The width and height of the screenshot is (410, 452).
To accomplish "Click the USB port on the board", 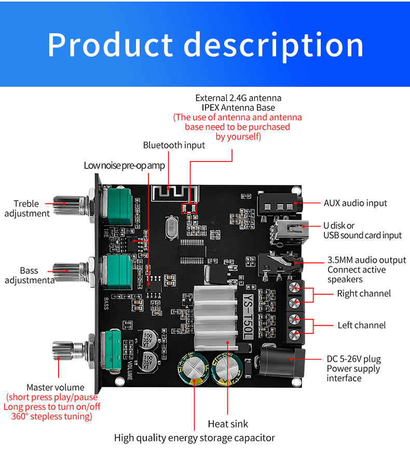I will click(290, 229).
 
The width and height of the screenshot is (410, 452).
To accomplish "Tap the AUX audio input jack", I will click(278, 202).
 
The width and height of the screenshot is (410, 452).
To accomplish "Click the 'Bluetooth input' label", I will click(174, 145).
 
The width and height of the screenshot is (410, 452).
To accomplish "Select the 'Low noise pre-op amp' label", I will click(124, 165).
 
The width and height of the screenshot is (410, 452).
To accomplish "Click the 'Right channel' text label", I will click(364, 294).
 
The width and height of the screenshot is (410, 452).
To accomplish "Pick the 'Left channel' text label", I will click(362, 325).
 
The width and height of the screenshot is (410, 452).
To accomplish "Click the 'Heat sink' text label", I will click(228, 424).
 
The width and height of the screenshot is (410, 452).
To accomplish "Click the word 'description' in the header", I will click(274, 46).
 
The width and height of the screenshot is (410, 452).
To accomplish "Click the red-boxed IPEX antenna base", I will click(188, 208).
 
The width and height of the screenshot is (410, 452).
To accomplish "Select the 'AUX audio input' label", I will click(356, 203).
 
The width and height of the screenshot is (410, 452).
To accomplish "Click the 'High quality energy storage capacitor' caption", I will click(195, 438).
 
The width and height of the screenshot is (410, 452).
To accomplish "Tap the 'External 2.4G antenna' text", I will click(238, 98).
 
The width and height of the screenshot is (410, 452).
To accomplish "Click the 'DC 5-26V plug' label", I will click(353, 358).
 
